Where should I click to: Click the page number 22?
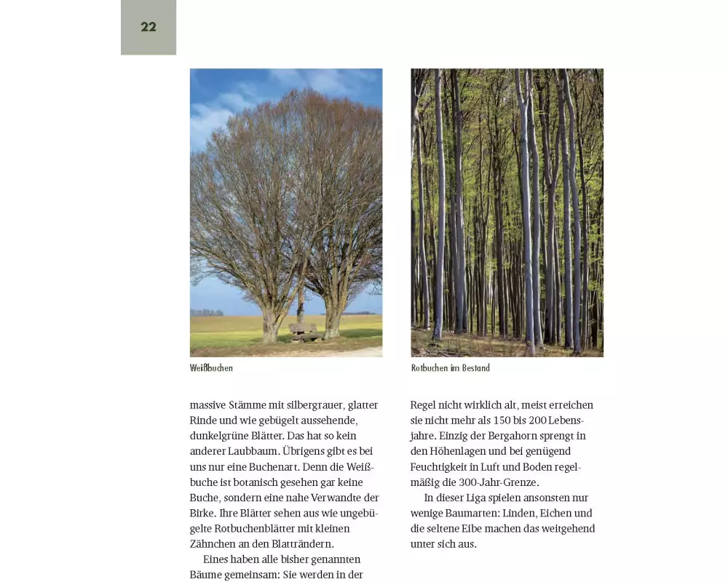[x=149, y=27]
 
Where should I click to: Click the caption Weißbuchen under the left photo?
[x=211, y=368]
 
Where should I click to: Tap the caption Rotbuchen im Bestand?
[x=450, y=368]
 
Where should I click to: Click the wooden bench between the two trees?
[x=304, y=332]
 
